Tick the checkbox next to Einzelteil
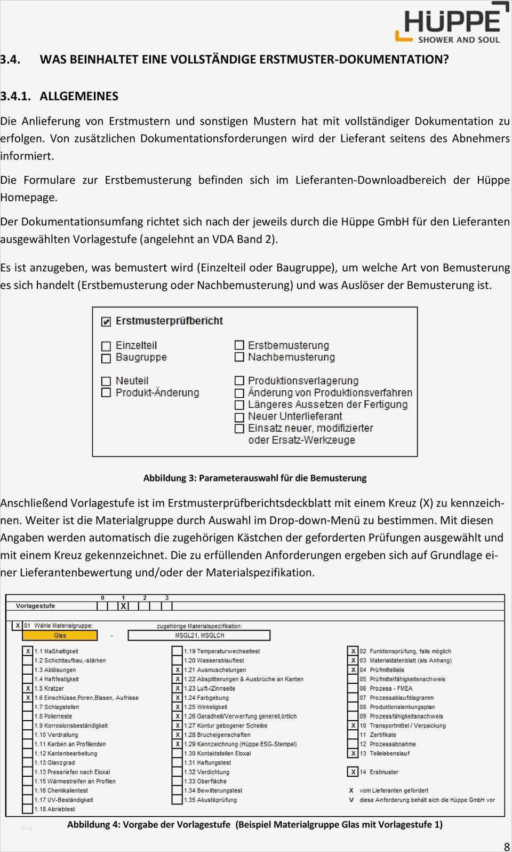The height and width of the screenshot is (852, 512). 106,346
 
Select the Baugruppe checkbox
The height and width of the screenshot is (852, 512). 106,358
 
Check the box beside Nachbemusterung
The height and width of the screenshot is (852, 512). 239,357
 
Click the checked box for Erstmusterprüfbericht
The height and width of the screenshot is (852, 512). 106,321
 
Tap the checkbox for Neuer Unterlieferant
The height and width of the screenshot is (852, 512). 239,417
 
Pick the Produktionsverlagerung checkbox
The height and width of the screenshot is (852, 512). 239,381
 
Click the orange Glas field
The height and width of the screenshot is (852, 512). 60,635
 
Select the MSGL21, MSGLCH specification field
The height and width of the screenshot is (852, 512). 199,635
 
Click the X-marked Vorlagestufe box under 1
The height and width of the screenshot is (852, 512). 123,606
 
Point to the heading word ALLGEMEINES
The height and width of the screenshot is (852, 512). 79,96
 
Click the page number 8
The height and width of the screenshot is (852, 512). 507,846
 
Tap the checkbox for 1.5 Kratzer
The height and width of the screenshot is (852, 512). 28,689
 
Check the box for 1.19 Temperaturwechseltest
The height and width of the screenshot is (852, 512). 177,651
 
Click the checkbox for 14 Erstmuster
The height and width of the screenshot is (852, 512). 353,772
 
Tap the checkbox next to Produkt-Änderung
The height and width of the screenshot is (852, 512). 106,393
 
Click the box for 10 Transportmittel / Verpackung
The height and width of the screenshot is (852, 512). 353,725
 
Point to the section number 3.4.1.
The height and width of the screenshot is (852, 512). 15,96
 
